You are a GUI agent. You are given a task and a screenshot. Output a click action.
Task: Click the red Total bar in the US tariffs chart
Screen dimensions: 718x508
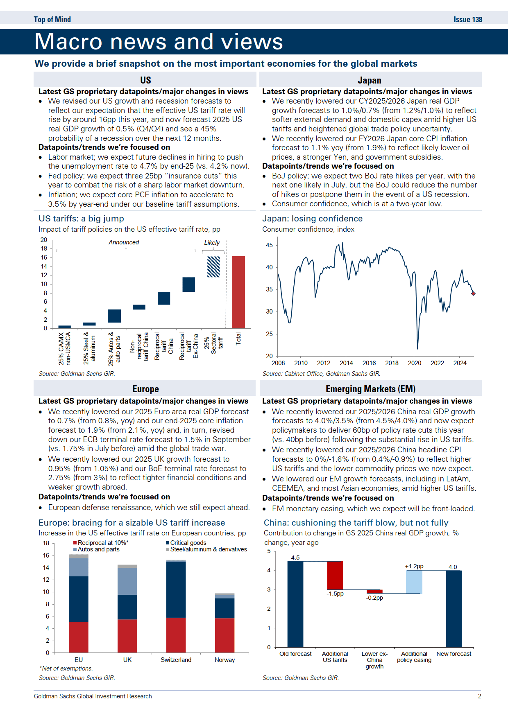tap(238, 292)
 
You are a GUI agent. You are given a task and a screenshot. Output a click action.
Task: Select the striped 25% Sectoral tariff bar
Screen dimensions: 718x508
tap(213, 267)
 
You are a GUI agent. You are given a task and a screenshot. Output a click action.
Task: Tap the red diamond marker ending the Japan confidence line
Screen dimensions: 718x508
tap(473, 294)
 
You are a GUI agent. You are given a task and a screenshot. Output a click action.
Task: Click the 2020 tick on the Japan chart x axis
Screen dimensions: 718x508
tap(415, 363)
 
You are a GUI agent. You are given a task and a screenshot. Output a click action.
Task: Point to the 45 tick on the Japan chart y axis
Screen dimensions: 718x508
tap(269, 245)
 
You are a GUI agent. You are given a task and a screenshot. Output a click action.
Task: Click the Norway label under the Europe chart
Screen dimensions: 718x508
tap(225, 660)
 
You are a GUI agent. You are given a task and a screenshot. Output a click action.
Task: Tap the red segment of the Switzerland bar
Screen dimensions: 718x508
tap(176, 635)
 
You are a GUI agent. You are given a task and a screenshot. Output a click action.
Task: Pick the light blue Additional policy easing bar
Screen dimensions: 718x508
tap(414, 582)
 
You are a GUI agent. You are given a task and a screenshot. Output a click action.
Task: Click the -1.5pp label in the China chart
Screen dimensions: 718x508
tap(335, 594)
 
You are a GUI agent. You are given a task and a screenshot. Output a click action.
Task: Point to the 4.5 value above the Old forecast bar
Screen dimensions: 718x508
tap(295, 558)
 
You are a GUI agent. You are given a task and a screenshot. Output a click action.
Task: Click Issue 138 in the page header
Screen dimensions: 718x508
tap(468, 20)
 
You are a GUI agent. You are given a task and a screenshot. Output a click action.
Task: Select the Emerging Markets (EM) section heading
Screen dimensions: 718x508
tap(370, 389)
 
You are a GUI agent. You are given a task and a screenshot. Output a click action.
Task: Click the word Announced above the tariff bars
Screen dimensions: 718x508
tap(124, 242)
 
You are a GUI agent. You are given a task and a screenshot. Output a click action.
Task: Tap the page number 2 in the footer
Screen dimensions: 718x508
tap(479, 696)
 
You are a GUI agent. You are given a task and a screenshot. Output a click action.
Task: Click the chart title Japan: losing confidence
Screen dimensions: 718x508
tap(312, 219)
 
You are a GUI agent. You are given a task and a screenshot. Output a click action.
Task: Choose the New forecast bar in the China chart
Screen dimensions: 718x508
tap(454, 609)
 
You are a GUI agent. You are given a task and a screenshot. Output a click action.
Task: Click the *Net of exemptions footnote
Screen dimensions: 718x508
tap(66, 668)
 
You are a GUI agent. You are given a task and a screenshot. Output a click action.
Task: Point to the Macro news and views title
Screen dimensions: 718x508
tap(159, 42)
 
